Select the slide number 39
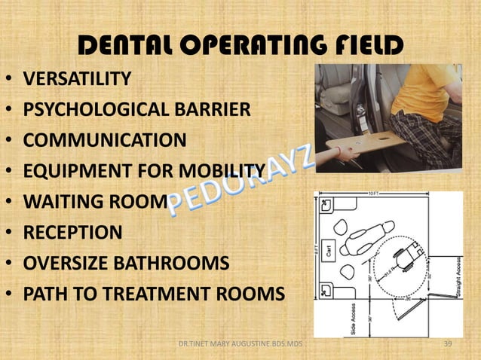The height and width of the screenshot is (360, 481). coord(451,344)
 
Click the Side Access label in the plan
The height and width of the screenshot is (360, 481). coord(354,316)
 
